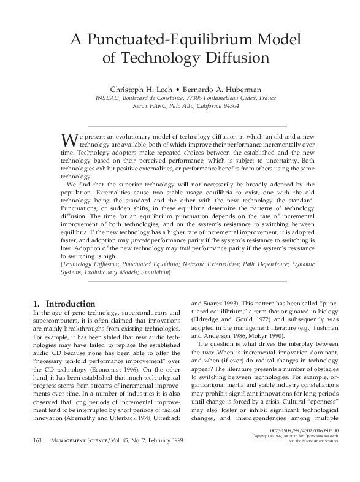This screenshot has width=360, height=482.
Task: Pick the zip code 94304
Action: pyautogui.click(x=231, y=105)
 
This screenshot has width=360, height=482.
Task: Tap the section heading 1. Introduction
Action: pyautogui.click(x=63, y=304)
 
